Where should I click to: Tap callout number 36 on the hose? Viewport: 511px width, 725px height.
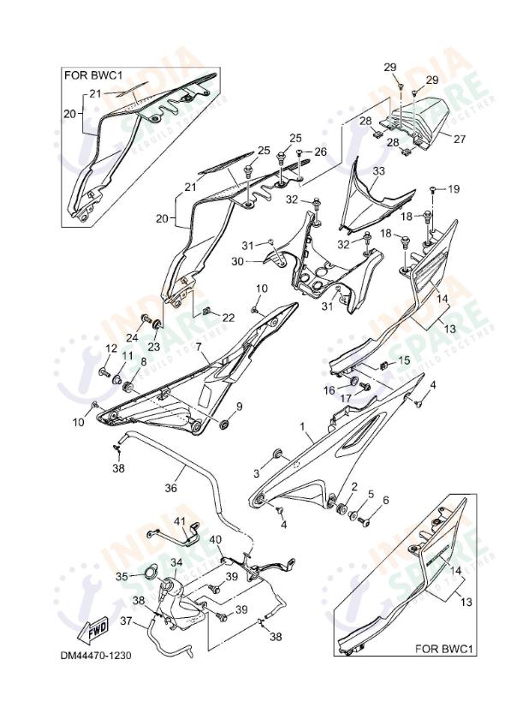coord(170,489)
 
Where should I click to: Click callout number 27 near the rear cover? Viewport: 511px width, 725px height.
coord(459,138)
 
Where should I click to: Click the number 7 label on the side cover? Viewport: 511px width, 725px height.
coord(198,348)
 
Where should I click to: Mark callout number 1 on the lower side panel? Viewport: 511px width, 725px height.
coord(301,425)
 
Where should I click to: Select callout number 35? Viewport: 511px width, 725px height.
coord(122,575)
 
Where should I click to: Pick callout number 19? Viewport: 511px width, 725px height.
coord(454,188)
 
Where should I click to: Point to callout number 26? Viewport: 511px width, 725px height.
coord(321,152)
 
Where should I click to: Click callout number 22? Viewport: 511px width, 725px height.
coord(228,318)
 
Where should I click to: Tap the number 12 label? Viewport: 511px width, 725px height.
coord(110,348)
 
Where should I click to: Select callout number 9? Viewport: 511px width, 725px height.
coord(240,407)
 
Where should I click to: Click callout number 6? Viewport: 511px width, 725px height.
coord(385,501)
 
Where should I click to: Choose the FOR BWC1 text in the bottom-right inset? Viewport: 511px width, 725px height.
coord(443,650)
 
